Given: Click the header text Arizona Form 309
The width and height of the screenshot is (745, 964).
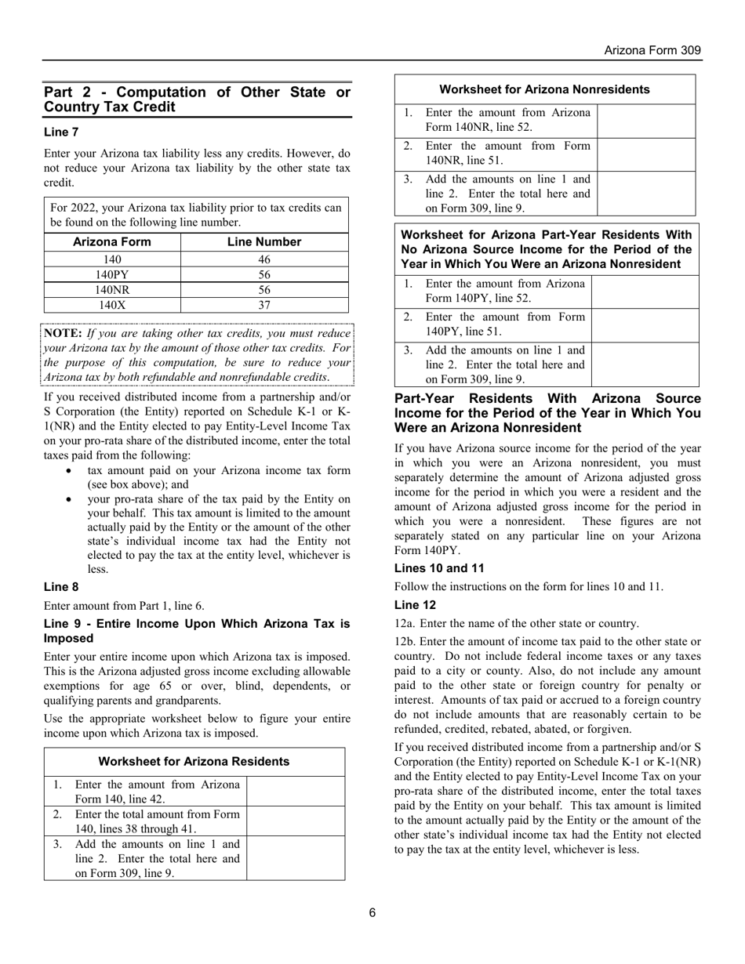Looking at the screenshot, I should point(652,50).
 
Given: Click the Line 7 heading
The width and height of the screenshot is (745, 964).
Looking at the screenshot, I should point(61,132).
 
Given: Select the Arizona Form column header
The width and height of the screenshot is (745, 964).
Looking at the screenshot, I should point(111,242).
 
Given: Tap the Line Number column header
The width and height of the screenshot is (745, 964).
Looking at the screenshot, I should point(263,242).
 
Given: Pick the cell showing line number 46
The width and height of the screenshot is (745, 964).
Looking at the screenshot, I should point(263,259).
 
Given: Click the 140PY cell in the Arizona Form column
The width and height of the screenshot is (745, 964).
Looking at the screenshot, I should point(111,274).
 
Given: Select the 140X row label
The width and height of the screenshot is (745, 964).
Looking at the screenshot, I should point(111,305).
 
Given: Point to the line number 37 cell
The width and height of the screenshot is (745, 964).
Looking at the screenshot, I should point(263,305).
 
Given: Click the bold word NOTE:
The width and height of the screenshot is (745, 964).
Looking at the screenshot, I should point(61,333).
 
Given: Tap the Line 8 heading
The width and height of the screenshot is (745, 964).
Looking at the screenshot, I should point(61,587).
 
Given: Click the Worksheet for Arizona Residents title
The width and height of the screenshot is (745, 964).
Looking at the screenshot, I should point(194,762).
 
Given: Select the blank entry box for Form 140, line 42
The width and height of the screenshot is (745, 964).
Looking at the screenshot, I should point(295,792).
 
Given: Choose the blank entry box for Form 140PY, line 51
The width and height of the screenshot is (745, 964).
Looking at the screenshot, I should point(645,324).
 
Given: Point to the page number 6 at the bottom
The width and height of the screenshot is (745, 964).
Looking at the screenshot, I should point(372,912).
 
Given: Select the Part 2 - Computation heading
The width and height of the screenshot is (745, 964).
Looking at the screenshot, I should point(197,100).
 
